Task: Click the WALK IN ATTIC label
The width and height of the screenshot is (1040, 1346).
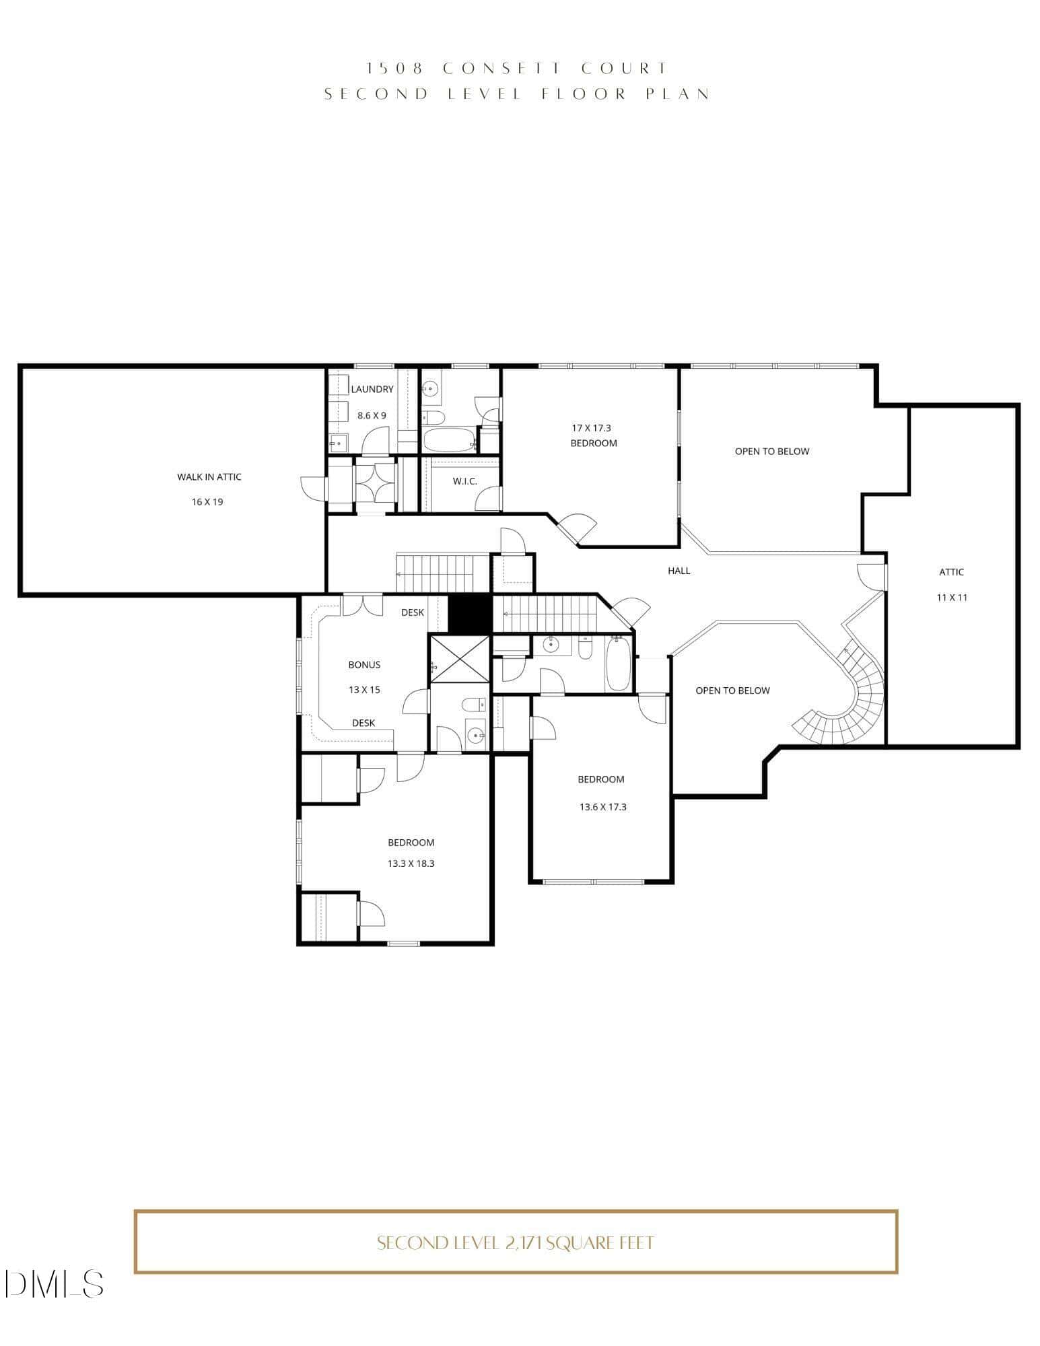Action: pos(209,477)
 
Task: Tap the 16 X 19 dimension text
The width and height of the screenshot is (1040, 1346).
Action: pos(207,502)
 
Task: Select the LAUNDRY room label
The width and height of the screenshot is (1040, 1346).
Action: pos(372,390)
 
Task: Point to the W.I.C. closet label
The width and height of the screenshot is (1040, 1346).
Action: pos(465,482)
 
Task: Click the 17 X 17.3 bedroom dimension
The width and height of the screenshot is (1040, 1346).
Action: pos(591,428)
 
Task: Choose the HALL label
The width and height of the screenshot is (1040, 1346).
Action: pos(679,571)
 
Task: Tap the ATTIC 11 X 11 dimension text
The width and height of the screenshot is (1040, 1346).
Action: pos(952,598)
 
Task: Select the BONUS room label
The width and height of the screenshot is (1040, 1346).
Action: pos(364,665)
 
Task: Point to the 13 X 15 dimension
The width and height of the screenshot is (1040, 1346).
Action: pos(364,690)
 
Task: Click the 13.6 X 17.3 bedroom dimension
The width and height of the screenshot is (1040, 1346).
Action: pos(603,807)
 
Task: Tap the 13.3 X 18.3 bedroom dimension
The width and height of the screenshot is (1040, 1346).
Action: pos(411,863)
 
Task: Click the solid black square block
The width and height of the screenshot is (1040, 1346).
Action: pos(470,614)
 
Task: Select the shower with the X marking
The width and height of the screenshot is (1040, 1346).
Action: pos(460,658)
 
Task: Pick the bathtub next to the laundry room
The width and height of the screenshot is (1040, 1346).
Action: pos(450,440)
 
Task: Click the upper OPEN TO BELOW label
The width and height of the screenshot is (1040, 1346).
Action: pos(772,452)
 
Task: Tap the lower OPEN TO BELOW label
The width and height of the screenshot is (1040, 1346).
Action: pos(732,690)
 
